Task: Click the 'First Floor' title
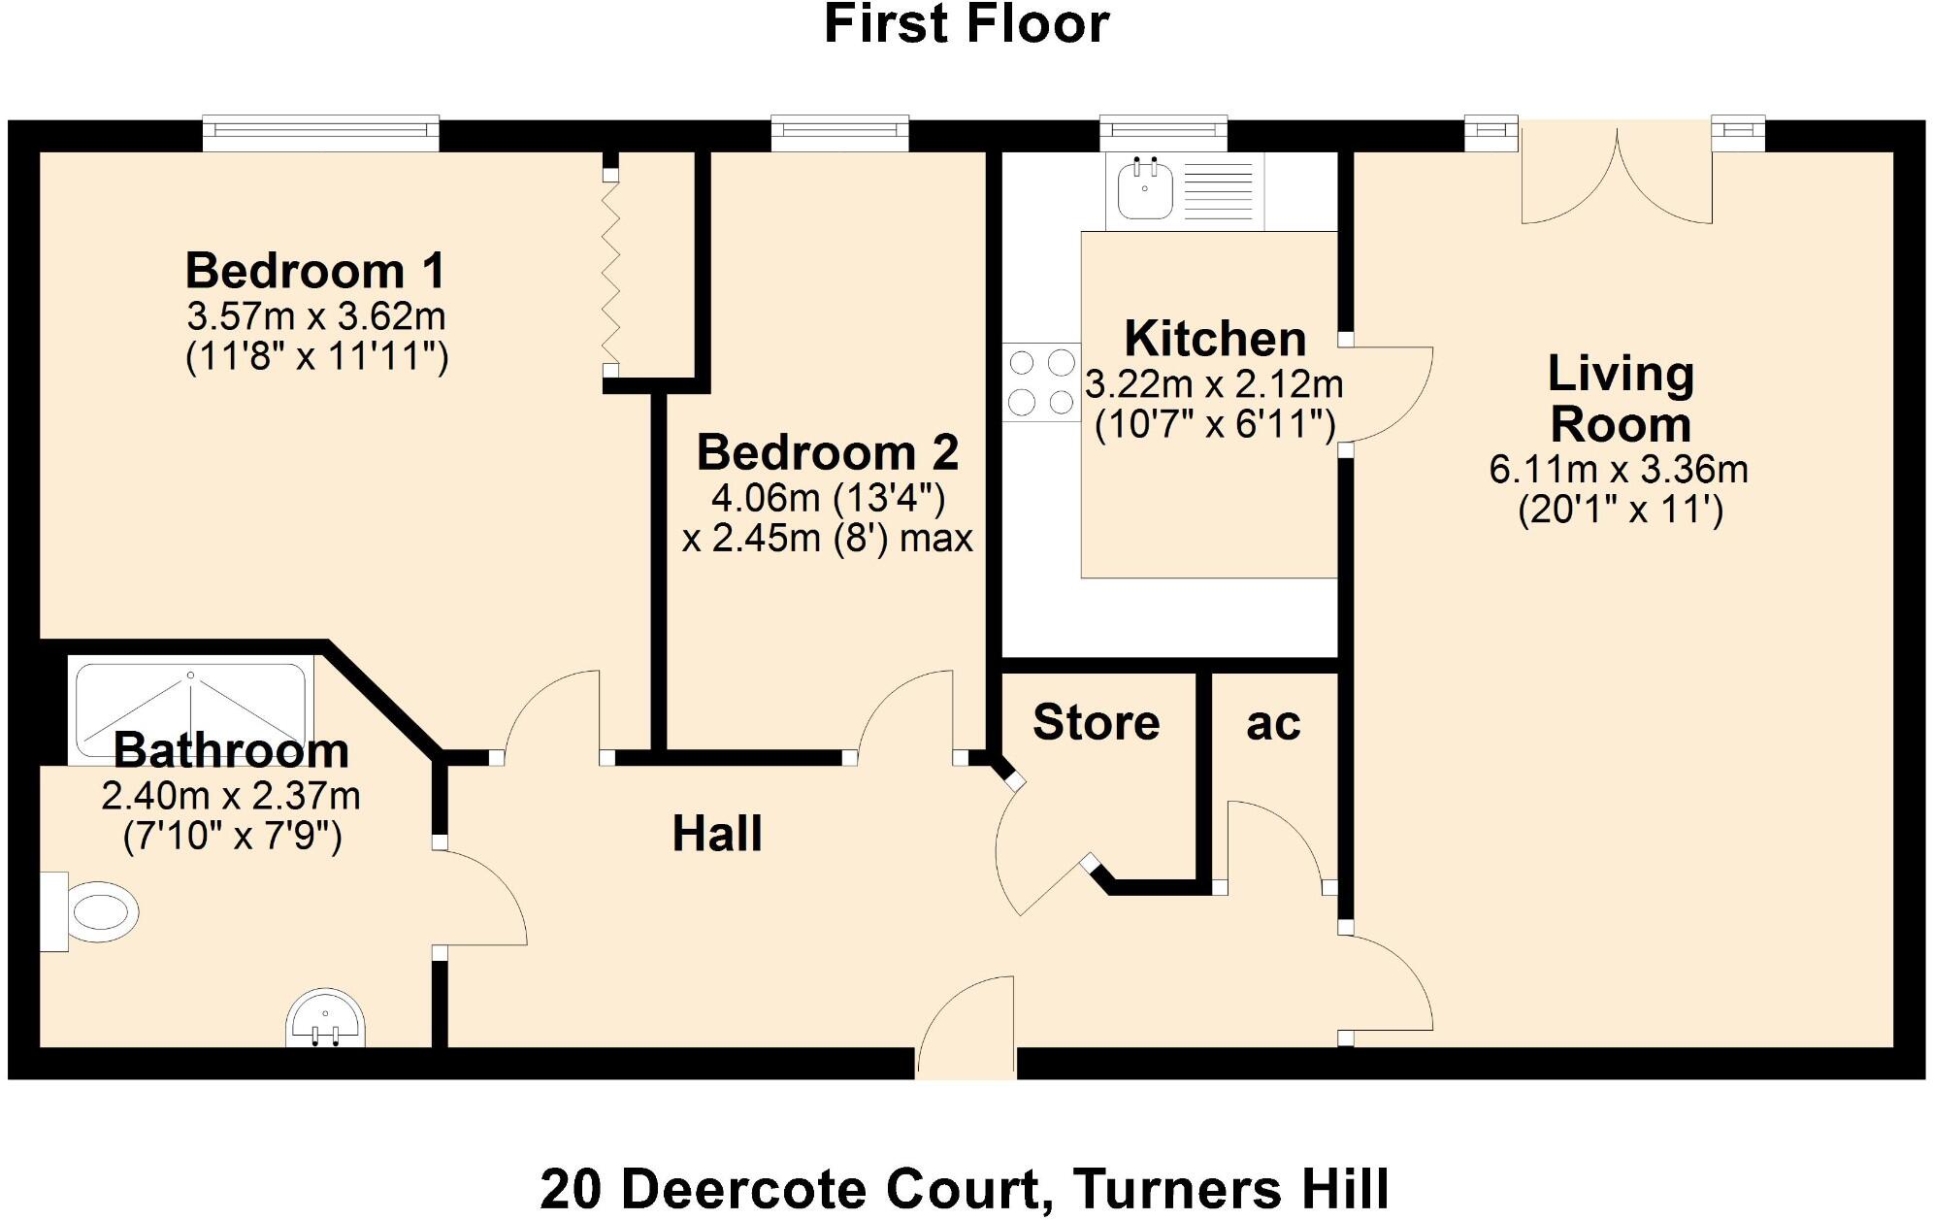(x=966, y=24)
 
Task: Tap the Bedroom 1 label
(x=315, y=271)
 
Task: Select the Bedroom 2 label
(x=828, y=452)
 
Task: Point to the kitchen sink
(x=1145, y=190)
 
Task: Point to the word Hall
(x=717, y=834)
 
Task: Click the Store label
(x=1096, y=722)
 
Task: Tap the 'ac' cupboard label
(x=1272, y=723)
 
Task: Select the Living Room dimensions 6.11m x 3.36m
(x=1619, y=470)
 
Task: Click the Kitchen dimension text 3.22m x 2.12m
(x=1213, y=384)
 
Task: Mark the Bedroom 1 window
(x=320, y=133)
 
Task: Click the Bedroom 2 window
(x=839, y=133)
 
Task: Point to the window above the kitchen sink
(x=1163, y=133)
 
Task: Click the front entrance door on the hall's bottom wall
(x=966, y=1029)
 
